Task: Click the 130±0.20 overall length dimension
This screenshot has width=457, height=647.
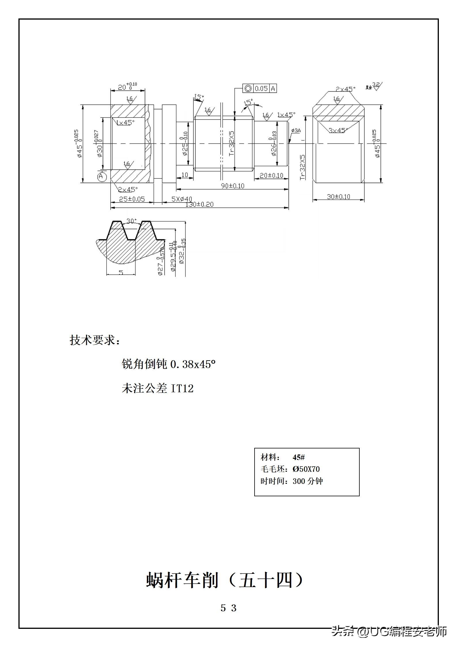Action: coord(199,204)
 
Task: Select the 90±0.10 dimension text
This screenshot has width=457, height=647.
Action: coord(232,186)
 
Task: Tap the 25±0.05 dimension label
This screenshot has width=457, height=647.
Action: coord(132,199)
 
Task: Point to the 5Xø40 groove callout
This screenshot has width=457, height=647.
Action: coord(182,199)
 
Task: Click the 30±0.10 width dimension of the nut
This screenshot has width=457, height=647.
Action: coord(338,197)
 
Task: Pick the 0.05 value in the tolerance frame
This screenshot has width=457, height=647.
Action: coord(261,88)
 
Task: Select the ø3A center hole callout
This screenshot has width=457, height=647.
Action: coord(296,131)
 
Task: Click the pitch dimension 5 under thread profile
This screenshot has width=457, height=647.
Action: coord(121,272)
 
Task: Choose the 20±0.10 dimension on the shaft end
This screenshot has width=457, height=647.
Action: coord(271,175)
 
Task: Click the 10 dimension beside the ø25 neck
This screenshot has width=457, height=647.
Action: coord(185,175)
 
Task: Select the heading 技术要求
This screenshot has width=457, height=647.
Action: coord(95,340)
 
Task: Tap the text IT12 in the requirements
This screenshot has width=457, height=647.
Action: coord(182,389)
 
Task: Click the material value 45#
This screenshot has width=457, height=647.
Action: coord(299,457)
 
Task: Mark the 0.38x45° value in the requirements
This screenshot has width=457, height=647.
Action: coord(193,365)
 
